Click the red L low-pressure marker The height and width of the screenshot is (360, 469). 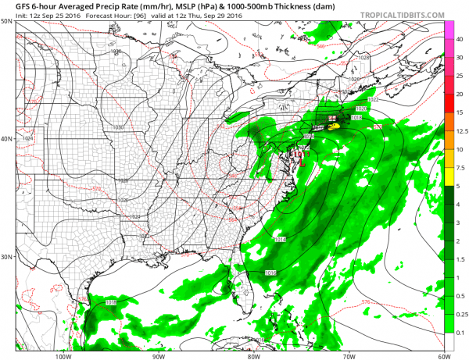tap(297, 160)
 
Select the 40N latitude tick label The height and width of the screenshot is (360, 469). tap(8, 139)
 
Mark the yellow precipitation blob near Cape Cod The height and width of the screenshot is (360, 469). tap(332, 125)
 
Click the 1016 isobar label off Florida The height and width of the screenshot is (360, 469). tap(271, 273)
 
